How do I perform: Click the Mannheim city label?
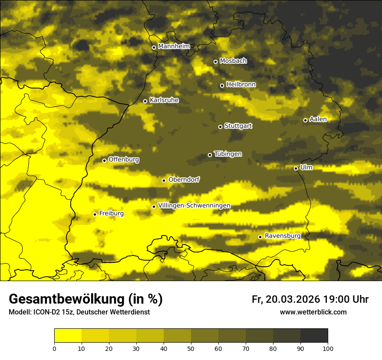tap(174, 46)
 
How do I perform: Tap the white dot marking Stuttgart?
tap(220, 127)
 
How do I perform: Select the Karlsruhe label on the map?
tap(164, 100)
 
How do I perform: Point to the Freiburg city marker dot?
tap(95, 214)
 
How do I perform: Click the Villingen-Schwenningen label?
tap(194, 205)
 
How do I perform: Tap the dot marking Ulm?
tap(296, 168)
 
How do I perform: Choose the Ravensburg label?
tap(283, 236)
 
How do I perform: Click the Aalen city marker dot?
tap(305, 120)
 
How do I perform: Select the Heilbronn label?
tap(241, 84)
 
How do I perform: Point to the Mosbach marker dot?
tap(215, 62)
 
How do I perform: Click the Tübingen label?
tap(228, 154)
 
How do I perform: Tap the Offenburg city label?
tap(124, 159)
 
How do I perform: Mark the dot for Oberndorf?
tap(164, 180)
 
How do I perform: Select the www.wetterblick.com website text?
tap(313, 312)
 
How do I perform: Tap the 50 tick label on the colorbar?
tap(191, 348)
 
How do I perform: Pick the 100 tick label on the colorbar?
tap(328, 348)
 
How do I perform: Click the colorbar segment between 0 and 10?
tap(68, 336)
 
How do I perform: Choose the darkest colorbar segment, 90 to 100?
tap(314, 336)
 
